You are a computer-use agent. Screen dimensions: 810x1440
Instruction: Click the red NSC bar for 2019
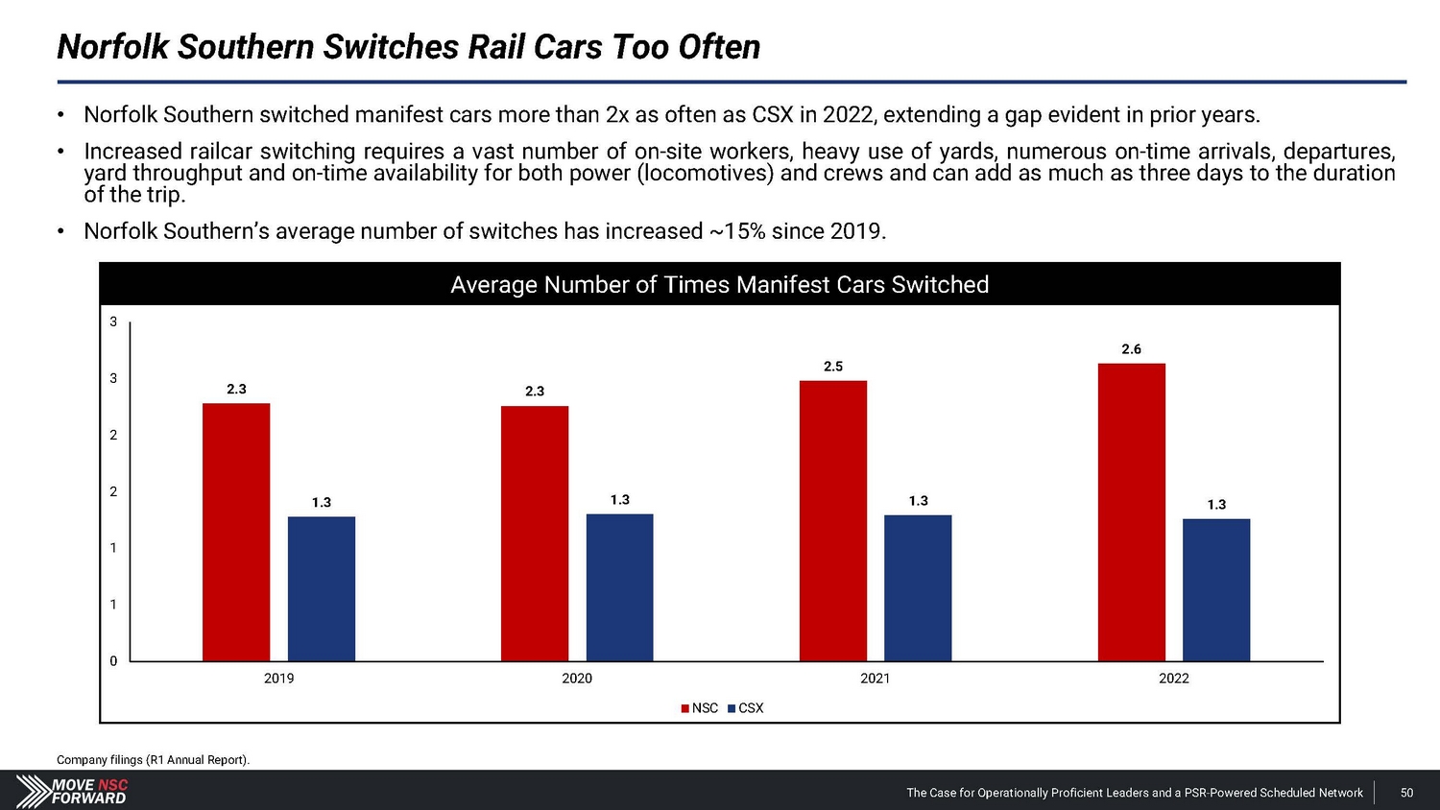click(x=236, y=532)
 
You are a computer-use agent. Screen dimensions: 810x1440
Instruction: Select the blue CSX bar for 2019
click(x=322, y=588)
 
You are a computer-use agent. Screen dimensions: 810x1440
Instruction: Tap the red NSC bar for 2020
click(x=535, y=534)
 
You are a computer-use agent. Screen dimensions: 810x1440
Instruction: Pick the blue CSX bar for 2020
click(x=620, y=587)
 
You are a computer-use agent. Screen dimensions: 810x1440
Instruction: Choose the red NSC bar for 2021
click(x=833, y=521)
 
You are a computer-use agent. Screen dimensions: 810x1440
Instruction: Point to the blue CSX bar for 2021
click(x=918, y=587)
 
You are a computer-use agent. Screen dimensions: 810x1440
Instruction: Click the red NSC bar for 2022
click(x=1132, y=512)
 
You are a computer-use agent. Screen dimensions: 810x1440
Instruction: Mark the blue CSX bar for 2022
click(x=1216, y=589)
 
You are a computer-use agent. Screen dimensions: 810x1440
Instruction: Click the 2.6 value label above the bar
click(x=1132, y=349)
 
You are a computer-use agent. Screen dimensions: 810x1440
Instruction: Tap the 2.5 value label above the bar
click(x=833, y=367)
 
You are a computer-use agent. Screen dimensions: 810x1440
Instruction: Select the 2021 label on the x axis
click(x=875, y=679)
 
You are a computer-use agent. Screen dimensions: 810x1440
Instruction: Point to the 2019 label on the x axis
click(x=278, y=679)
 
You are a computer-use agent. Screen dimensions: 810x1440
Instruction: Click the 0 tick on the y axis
click(x=113, y=661)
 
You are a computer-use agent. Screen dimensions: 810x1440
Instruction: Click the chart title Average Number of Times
click(x=719, y=285)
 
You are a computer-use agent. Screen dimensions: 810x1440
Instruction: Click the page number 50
click(x=1406, y=793)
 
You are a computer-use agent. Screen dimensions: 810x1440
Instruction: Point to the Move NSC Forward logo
click(x=73, y=791)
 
